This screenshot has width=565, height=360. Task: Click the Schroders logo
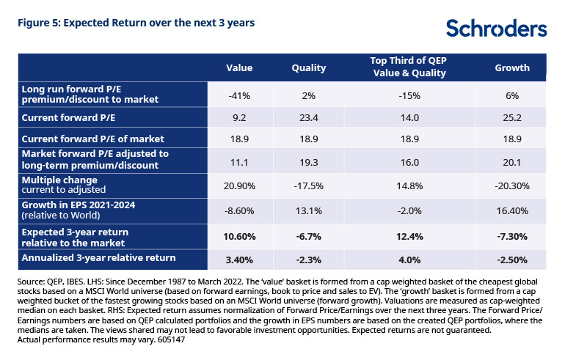coord(496,29)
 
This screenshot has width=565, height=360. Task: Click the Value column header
coord(239,68)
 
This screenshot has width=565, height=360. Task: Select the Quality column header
coord(309,68)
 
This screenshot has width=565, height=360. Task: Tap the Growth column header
coord(512,68)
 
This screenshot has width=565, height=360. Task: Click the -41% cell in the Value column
coord(239,95)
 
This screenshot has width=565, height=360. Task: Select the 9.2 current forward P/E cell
coord(239,117)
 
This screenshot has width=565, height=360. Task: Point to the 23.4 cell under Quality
coord(309,117)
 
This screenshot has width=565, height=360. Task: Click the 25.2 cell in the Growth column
coord(512,117)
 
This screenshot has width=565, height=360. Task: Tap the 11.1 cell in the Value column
coord(239,159)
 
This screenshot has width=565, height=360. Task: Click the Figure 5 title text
coord(136,23)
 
